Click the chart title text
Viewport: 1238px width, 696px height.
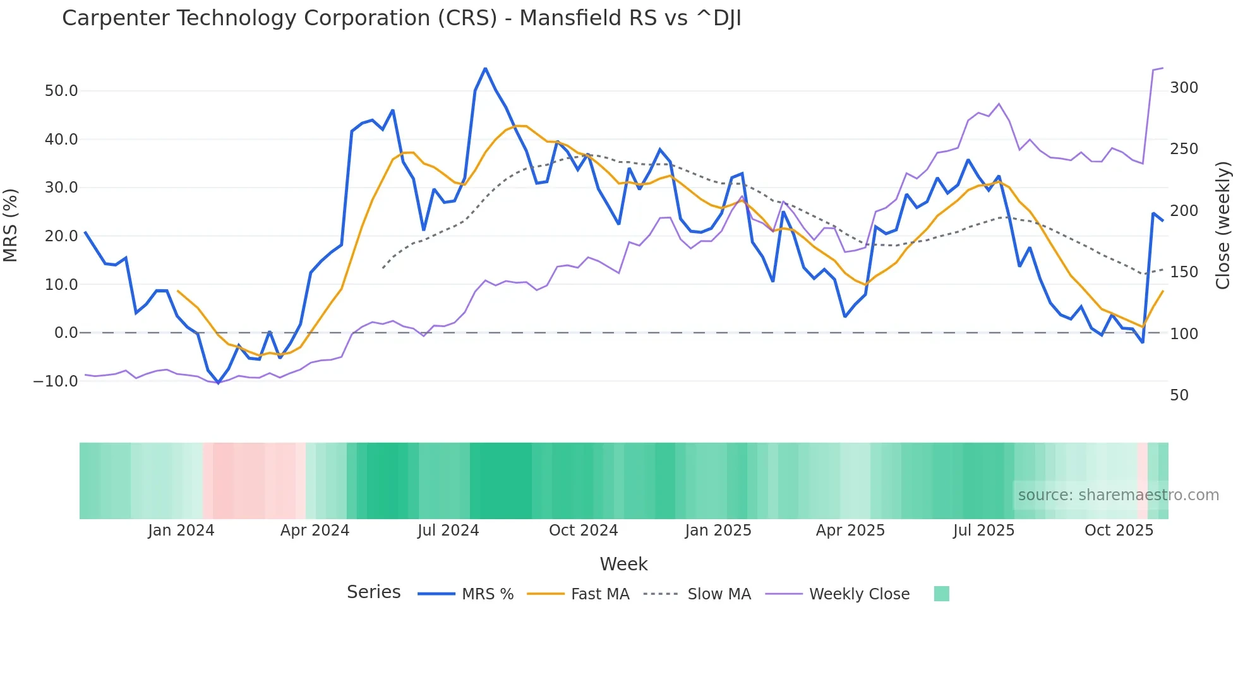pos(401,18)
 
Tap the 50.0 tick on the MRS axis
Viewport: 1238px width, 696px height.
pos(61,91)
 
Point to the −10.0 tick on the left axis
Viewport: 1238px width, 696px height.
pos(56,381)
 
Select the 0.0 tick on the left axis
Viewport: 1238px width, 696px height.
pos(66,333)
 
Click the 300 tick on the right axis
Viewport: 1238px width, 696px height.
pos(1184,88)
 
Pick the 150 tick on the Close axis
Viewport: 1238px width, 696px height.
pos(1184,272)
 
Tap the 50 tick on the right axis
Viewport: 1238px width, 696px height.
pos(1179,395)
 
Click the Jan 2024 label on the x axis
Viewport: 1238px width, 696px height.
pos(181,531)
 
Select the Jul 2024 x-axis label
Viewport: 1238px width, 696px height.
pos(448,531)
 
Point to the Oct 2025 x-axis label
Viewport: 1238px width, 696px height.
pos(1119,531)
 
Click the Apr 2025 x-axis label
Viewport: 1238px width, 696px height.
pos(850,531)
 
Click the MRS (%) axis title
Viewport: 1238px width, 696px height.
pos(11,225)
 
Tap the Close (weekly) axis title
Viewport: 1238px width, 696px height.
pos(1223,225)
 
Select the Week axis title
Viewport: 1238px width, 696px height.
pos(623,564)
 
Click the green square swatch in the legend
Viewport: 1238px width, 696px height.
pos(941,594)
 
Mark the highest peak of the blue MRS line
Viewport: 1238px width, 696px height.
pos(485,68)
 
